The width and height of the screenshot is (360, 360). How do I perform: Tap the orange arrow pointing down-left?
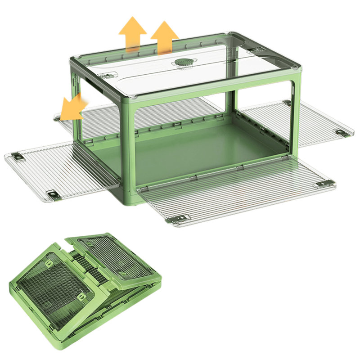(72, 108)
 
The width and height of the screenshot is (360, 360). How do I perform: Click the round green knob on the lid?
(183, 63)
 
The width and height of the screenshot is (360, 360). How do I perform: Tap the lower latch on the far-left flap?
(55, 196)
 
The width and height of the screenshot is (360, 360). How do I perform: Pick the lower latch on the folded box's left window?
(81, 297)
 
